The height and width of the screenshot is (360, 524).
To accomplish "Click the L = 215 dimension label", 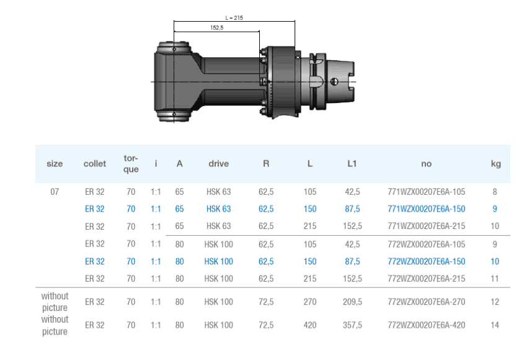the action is pyautogui.click(x=234, y=18).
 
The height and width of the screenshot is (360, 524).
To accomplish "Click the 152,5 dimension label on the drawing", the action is pyautogui.click(x=217, y=28).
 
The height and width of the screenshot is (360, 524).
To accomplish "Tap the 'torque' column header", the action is pyautogui.click(x=131, y=164).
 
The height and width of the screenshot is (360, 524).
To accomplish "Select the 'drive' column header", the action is pyautogui.click(x=218, y=164).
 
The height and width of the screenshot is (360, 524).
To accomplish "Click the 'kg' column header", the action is pyautogui.click(x=495, y=164).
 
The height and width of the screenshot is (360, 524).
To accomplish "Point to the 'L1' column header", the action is pyautogui.click(x=352, y=164).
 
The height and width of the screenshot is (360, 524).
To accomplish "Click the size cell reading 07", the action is pyautogui.click(x=55, y=192).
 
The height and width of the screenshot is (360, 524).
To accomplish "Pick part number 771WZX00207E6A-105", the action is pyautogui.click(x=427, y=192).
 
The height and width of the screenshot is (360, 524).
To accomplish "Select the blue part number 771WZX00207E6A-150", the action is pyautogui.click(x=427, y=209).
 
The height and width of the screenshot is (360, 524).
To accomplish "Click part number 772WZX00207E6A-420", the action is pyautogui.click(x=427, y=325).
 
